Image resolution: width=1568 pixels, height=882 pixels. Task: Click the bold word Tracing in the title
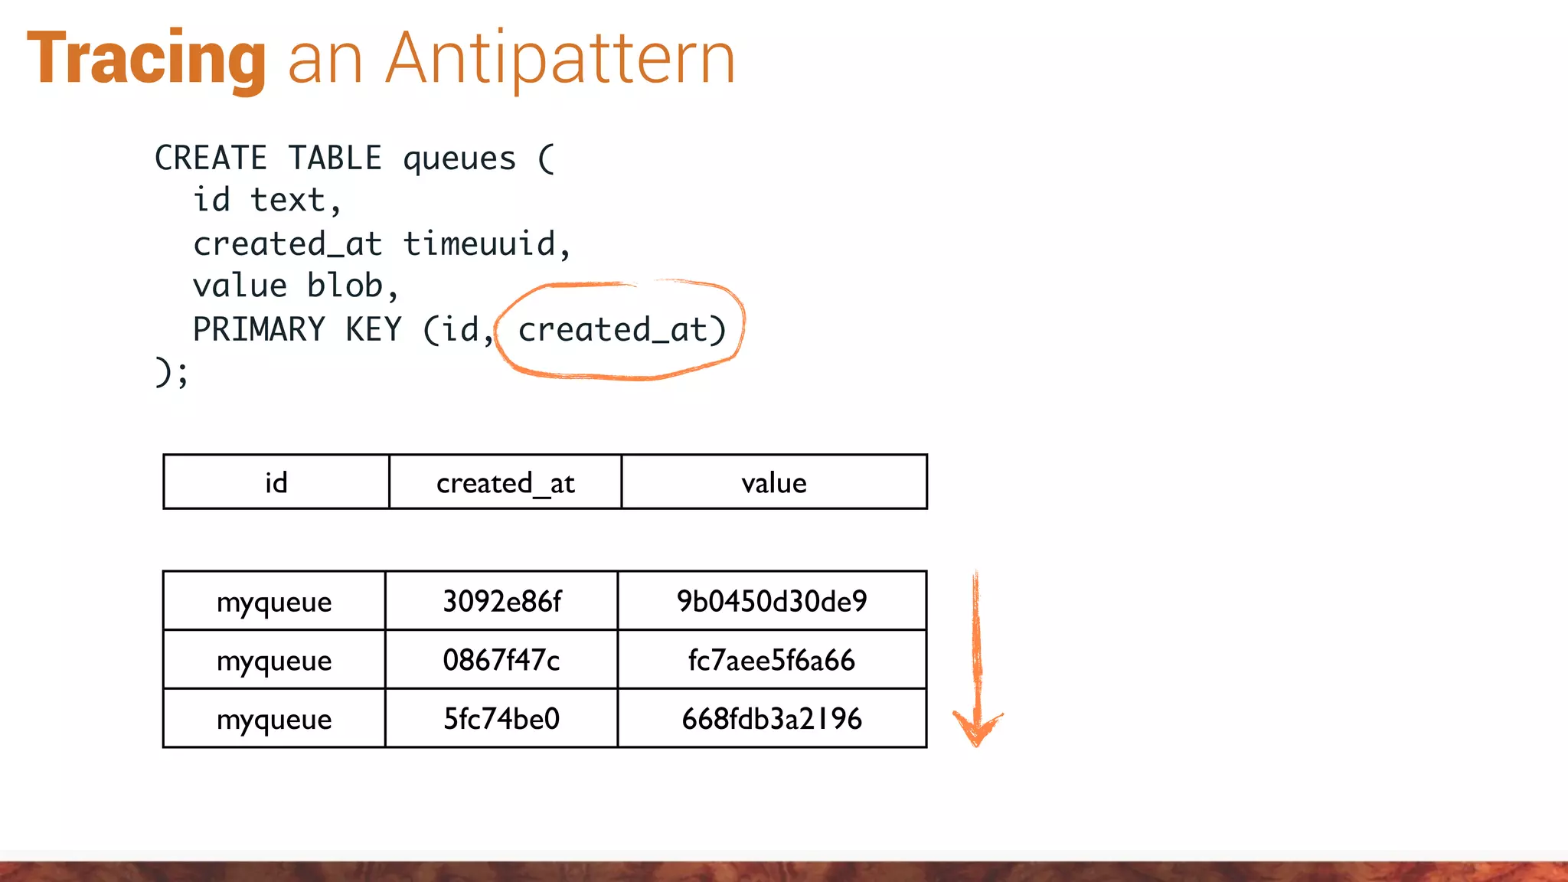(x=147, y=60)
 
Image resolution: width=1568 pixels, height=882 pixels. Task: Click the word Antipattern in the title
(x=560, y=60)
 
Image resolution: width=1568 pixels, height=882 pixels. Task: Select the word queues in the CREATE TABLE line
(x=459, y=158)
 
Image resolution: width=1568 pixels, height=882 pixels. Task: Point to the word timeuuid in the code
(x=479, y=244)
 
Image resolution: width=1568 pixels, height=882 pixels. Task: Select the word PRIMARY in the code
(x=259, y=330)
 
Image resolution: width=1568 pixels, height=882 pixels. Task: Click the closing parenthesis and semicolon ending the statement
(x=171, y=373)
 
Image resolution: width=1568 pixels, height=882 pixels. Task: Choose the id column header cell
(x=276, y=482)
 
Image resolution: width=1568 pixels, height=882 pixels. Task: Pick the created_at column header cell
(x=505, y=482)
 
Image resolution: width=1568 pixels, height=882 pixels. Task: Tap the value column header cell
(x=774, y=482)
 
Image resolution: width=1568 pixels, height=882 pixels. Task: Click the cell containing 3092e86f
(x=501, y=601)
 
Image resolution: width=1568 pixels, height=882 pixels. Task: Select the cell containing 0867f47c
(x=501, y=660)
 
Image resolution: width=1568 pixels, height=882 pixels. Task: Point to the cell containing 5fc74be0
(x=501, y=719)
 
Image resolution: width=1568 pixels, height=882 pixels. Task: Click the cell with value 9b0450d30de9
(x=772, y=601)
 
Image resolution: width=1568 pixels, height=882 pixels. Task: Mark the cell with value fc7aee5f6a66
(x=772, y=660)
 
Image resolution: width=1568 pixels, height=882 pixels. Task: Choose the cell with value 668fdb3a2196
(x=772, y=719)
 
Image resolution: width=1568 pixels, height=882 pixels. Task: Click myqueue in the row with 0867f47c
(x=274, y=660)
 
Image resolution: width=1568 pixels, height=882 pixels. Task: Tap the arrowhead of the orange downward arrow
(x=977, y=729)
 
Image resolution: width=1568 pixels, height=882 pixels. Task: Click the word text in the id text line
(x=288, y=201)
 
